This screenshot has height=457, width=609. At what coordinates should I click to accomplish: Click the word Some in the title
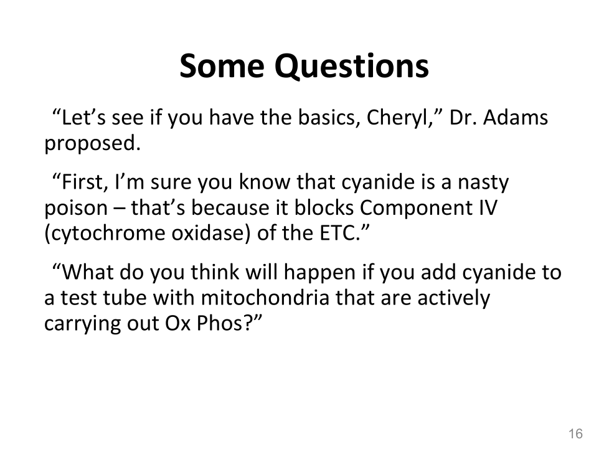(222, 66)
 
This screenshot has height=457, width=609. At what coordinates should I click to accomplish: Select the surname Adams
(516, 117)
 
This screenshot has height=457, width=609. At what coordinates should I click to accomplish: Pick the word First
(82, 182)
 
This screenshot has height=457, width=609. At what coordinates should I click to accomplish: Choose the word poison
(76, 208)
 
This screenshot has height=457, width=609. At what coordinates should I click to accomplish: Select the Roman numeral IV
(484, 207)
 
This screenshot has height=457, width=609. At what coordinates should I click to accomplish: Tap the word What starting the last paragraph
(88, 272)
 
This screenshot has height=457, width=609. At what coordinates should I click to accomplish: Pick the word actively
(454, 299)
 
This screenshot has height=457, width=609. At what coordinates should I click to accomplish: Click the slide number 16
(575, 433)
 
